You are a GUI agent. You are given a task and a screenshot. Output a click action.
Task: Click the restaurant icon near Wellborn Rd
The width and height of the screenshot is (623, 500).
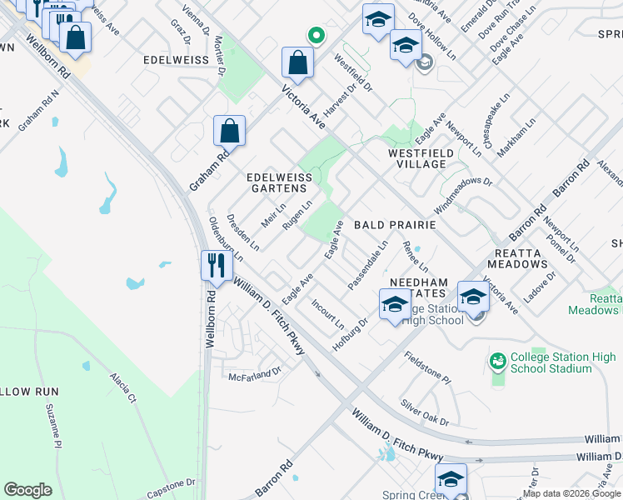point(215,265)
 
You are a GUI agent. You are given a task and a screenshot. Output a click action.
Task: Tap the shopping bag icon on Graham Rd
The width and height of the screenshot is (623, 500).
point(229,131)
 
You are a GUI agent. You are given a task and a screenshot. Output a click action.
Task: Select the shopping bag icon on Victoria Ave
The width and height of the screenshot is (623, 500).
point(297,62)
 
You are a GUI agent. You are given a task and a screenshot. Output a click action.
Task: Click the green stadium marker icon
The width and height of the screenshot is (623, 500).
point(498,361)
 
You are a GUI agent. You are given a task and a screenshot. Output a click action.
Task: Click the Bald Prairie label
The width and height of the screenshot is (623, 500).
point(395,225)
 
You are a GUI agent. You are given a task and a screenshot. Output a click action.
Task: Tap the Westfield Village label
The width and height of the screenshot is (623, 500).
point(421,158)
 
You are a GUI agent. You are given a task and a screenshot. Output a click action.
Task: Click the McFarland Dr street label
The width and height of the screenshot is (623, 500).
point(255,375)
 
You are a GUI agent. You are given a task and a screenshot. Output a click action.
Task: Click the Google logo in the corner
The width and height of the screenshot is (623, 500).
point(27,490)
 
